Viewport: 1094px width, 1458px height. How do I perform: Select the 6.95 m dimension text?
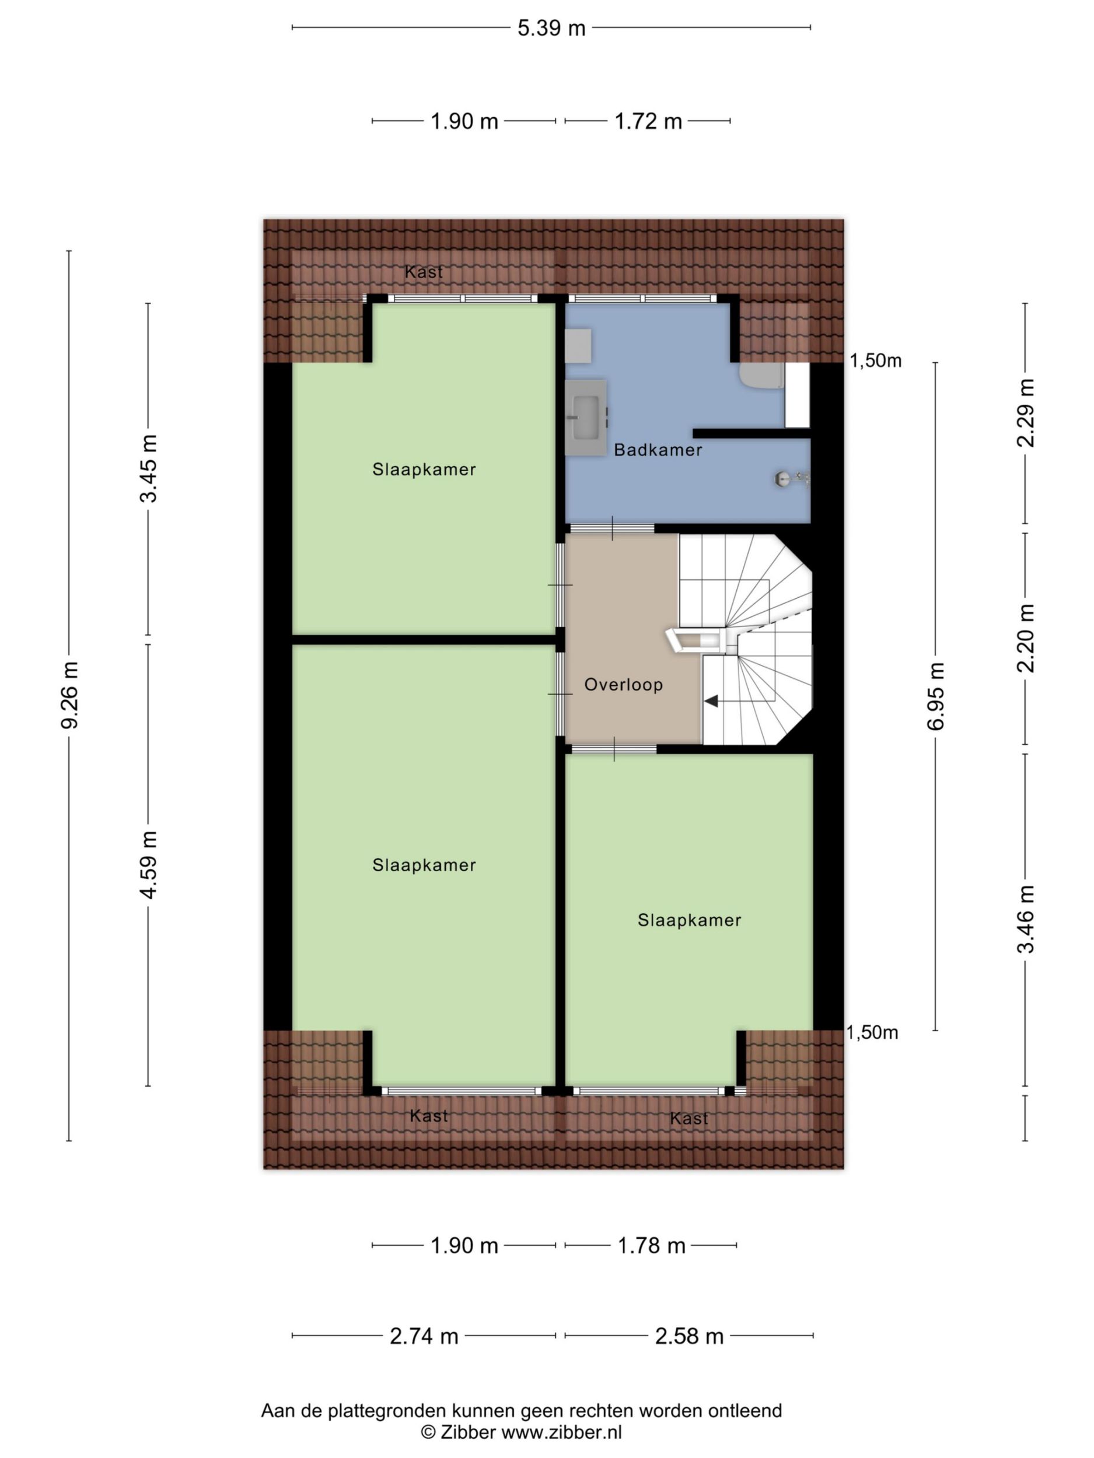pyautogui.click(x=936, y=696)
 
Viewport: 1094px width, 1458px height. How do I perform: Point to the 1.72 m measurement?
pyautogui.click(x=648, y=121)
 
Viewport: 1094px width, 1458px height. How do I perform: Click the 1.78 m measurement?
pyautogui.click(x=651, y=1246)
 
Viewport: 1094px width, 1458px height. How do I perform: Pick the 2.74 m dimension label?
pyautogui.click(x=424, y=1336)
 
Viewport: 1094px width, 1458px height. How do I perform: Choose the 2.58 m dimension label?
pyautogui.click(x=689, y=1336)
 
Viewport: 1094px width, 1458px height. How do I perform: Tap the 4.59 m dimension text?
pyautogui.click(x=148, y=864)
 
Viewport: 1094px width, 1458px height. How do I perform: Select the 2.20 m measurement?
pyautogui.click(x=1025, y=638)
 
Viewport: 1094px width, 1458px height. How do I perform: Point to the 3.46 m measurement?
pyautogui.click(x=1025, y=919)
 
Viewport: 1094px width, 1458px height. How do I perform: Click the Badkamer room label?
pyautogui.click(x=658, y=450)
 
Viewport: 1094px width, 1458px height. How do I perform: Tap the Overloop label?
pyautogui.click(x=623, y=685)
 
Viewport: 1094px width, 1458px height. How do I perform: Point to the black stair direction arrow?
pyautogui.click(x=711, y=702)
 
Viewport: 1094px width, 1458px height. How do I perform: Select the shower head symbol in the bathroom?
pyautogui.click(x=791, y=479)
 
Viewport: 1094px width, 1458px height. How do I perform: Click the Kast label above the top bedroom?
pyautogui.click(x=424, y=272)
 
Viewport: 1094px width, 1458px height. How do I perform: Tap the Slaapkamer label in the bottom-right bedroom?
pyautogui.click(x=689, y=920)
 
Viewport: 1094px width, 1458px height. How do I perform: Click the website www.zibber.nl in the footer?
pyautogui.click(x=561, y=1432)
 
